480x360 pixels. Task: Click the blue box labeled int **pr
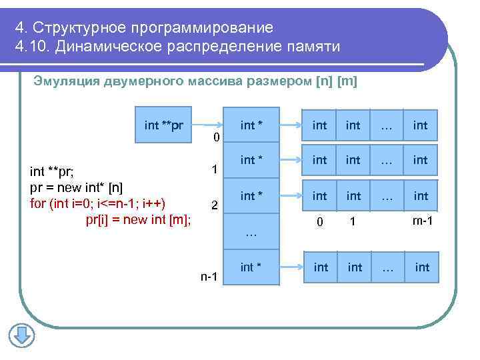(163, 125)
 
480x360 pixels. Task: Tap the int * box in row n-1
(251, 267)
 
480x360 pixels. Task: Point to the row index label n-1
(209, 275)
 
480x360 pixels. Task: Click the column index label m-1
(421, 219)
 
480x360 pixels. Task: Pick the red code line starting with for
(99, 203)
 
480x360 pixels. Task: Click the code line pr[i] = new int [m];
(139, 220)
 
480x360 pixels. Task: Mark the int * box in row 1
(251, 160)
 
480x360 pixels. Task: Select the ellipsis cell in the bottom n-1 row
(387, 267)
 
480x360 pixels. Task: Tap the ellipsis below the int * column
(251, 233)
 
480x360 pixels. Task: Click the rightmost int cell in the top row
(421, 125)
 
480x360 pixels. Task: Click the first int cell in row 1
(320, 160)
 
